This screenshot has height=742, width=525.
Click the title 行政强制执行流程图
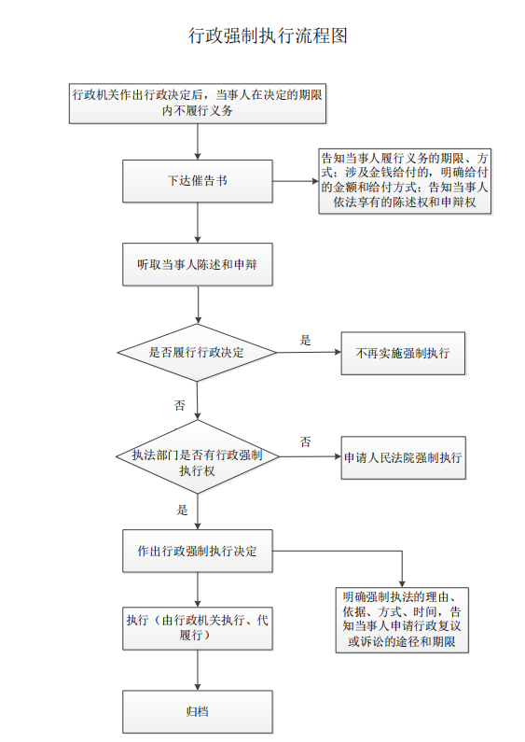[x=268, y=36]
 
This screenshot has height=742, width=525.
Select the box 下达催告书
[x=198, y=181]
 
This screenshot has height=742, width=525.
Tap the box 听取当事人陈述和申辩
[x=198, y=264]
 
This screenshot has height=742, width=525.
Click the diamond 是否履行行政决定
[x=197, y=353]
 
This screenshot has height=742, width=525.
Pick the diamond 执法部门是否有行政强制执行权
[x=198, y=457]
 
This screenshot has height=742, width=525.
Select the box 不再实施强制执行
[x=403, y=354]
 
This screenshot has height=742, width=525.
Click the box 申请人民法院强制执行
[x=404, y=458]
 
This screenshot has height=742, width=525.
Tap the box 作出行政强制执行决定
[x=198, y=551]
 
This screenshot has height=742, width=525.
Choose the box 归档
[x=198, y=712]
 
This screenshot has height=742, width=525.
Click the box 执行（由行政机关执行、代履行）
[x=198, y=628]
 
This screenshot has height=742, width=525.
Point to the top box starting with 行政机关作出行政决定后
[x=198, y=104]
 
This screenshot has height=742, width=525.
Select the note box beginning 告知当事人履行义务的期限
[x=405, y=181]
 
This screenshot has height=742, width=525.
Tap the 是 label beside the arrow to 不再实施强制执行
[x=306, y=341]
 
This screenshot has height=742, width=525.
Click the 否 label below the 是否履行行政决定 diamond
[x=180, y=405]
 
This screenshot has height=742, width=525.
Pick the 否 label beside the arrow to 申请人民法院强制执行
[x=306, y=442]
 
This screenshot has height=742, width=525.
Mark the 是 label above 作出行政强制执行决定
[x=182, y=511]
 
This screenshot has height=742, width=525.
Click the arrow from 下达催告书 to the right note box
[x=296, y=181]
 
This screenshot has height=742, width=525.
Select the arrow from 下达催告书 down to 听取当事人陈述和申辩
[x=198, y=223]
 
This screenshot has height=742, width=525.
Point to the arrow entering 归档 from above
[x=198, y=670]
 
